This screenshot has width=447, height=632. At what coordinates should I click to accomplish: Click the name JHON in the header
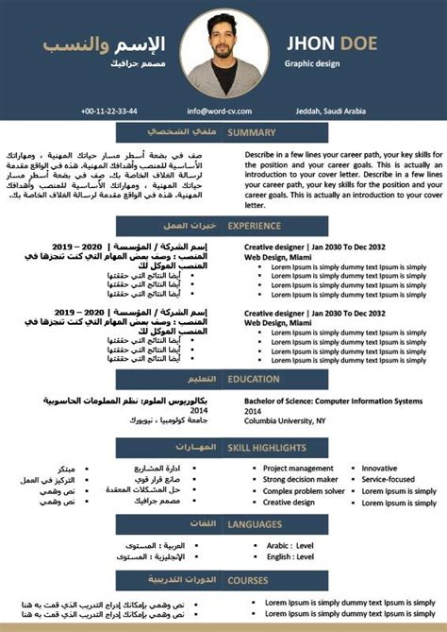315,43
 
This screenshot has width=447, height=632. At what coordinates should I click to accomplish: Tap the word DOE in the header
376,43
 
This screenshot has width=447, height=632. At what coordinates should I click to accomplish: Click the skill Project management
297,468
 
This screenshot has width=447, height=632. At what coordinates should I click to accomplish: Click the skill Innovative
379,468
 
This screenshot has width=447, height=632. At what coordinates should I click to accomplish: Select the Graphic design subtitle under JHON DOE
311,63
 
